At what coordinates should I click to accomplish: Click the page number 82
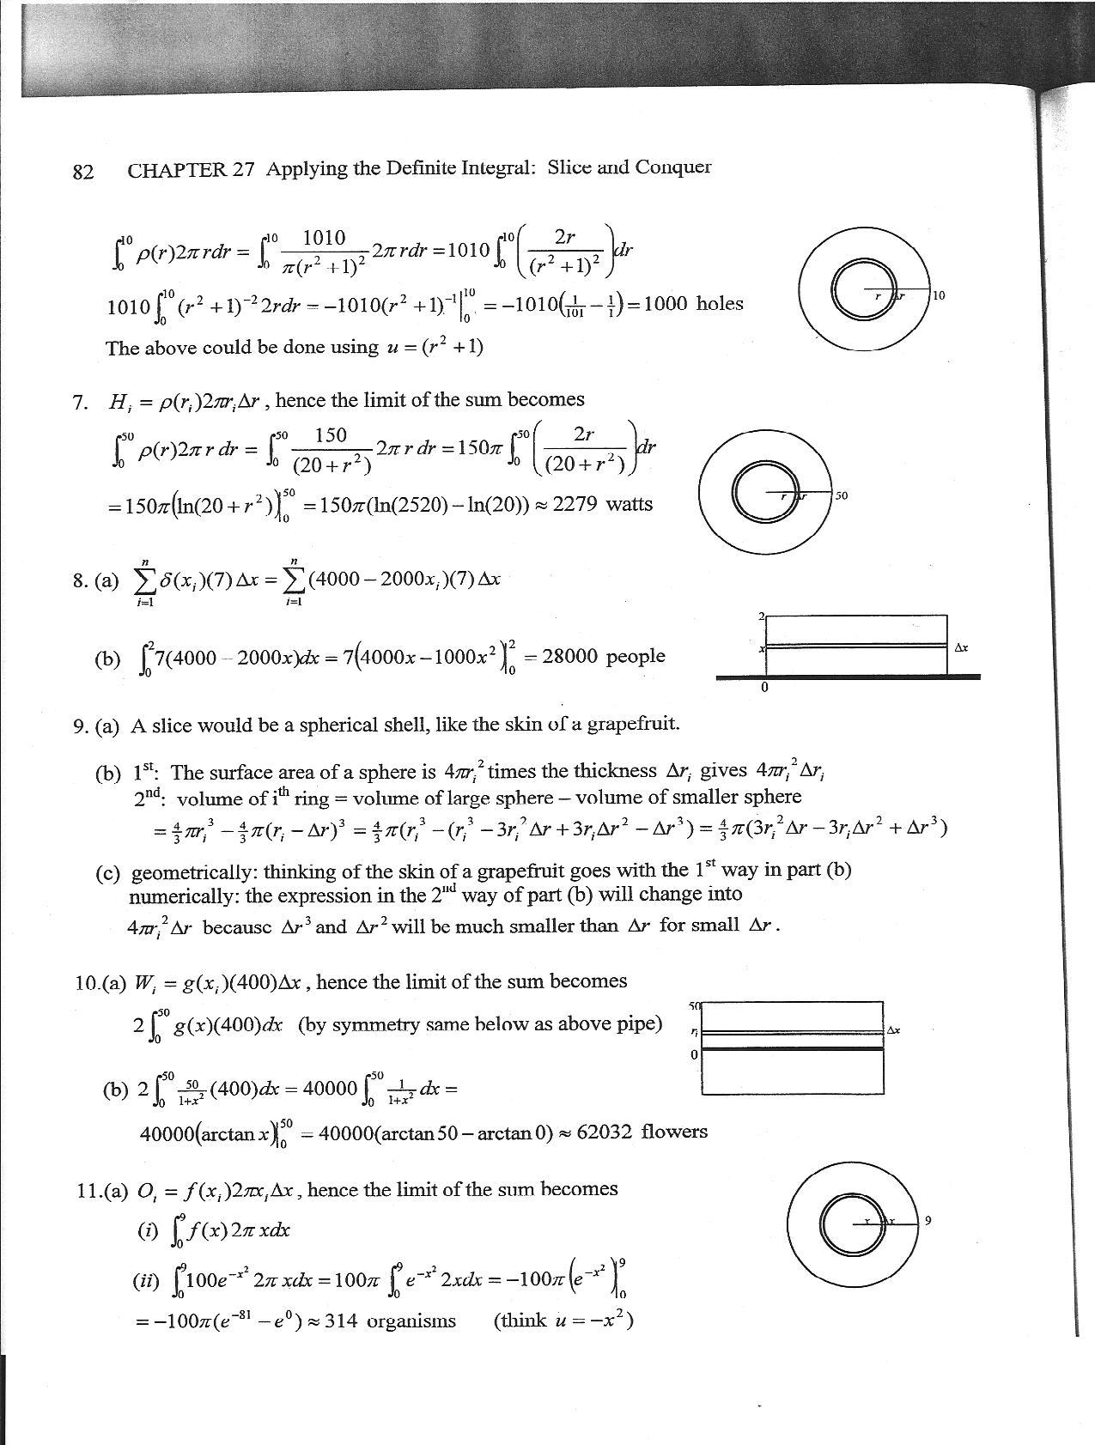[x=83, y=171]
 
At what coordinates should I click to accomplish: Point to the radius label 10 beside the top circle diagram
[x=939, y=295]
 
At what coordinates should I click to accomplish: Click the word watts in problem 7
[x=629, y=504]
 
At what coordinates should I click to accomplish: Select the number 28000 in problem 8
[x=570, y=657]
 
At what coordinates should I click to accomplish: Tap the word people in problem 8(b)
[x=636, y=657]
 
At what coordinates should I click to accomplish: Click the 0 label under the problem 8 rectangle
[x=764, y=688]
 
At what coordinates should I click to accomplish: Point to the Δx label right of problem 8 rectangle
[x=961, y=647]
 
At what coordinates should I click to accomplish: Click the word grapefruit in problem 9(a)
[x=633, y=724]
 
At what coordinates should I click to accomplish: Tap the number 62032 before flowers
[x=605, y=1132]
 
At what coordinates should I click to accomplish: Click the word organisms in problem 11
[x=411, y=1321]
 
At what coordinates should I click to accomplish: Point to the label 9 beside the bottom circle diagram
[x=928, y=1220]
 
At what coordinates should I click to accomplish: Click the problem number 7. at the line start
[x=81, y=401]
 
